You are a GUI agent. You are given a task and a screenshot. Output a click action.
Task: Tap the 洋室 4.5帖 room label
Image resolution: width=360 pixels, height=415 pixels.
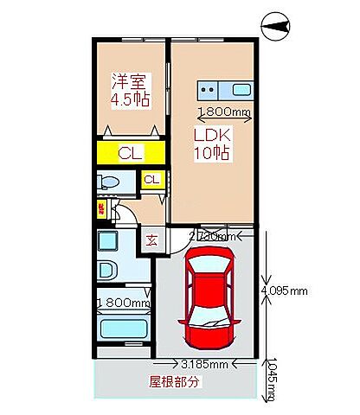(x=130, y=90)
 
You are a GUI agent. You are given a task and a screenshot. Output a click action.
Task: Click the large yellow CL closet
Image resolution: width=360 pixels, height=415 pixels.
(x=131, y=154)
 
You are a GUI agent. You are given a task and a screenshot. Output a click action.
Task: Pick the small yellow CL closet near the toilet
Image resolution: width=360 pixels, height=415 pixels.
(x=151, y=180)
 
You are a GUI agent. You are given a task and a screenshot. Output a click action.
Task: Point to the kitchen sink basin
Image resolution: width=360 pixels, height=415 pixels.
(x=240, y=89)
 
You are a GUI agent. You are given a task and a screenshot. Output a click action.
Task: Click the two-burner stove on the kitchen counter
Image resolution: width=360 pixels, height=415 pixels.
(x=209, y=88)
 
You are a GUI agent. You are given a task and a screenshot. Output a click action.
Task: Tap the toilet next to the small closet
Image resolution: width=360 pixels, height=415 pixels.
(x=108, y=182)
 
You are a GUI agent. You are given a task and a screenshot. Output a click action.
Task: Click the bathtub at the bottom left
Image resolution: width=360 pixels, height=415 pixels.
(x=121, y=329)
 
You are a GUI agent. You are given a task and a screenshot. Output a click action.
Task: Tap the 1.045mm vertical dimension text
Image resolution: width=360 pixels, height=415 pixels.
(x=272, y=381)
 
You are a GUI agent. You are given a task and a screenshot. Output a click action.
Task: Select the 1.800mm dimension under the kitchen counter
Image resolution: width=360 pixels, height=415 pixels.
(x=223, y=112)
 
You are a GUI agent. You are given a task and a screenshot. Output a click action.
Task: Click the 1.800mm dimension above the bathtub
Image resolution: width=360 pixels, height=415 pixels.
(x=123, y=303)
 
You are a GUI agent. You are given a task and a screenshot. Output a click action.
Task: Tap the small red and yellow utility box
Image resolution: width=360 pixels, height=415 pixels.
(x=100, y=207)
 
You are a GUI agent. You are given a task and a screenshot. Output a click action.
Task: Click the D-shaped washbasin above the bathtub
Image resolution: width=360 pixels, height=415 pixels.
(x=108, y=269)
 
